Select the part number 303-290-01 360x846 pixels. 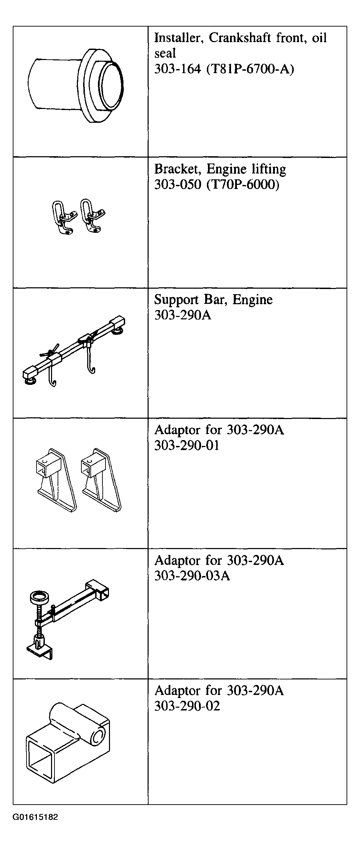coord(187,446)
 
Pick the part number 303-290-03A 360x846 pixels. coord(192,576)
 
